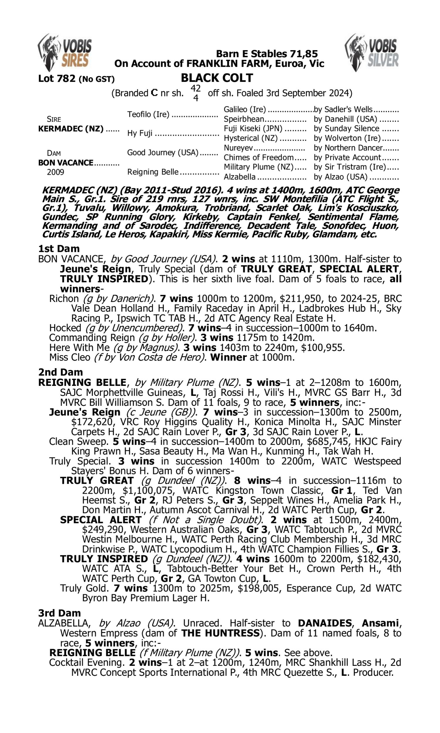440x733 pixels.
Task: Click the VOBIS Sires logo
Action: pos(65,52)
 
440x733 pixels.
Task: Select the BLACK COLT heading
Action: pos(217,78)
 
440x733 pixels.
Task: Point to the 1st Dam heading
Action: pos(59,249)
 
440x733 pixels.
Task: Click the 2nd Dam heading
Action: pos(60,372)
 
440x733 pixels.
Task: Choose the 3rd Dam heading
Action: pos(60,613)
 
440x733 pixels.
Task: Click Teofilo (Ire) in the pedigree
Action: pos(148,114)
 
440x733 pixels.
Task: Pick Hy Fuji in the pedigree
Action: pos(140,133)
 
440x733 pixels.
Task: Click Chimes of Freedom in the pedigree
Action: pos(258,158)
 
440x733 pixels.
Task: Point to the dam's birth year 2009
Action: pos(55,172)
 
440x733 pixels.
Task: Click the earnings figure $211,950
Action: pos(268,299)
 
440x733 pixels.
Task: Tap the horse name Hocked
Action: pos(65,328)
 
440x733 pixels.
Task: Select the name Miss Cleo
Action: pos(70,357)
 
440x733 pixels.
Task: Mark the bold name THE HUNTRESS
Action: pos(220,633)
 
